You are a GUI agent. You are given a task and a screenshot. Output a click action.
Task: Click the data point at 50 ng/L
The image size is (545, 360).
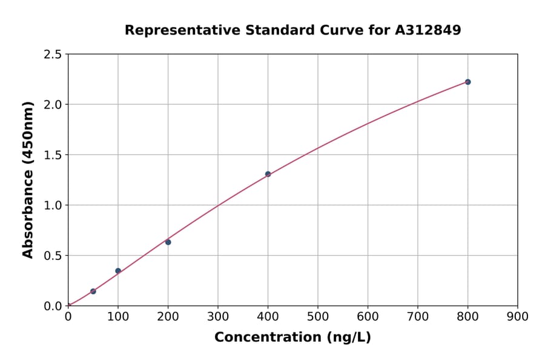pos(93,292)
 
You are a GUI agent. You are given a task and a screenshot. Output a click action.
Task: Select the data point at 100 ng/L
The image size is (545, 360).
pos(118,271)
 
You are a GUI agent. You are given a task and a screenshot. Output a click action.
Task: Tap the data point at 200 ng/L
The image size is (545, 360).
pos(168,242)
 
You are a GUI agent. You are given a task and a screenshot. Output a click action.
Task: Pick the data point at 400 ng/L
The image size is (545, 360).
pos(268,174)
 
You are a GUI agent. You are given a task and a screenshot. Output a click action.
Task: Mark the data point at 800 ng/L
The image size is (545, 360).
pos(467,82)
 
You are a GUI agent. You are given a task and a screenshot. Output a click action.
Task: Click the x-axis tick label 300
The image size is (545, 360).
pos(217,316)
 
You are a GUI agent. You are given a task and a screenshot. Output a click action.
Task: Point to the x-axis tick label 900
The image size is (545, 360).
pos(517,316)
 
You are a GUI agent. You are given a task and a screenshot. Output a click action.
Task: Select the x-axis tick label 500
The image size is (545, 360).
pos(317,316)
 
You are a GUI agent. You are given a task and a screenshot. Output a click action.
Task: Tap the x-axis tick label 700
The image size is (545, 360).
pos(417,316)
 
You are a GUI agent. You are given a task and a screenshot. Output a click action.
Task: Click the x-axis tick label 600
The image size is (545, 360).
pos(368,316)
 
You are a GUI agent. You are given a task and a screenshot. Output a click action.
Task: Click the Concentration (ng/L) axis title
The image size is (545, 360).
pos(292,338)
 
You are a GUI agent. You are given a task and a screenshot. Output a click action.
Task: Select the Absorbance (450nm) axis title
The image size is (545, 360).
pos(28,179)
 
